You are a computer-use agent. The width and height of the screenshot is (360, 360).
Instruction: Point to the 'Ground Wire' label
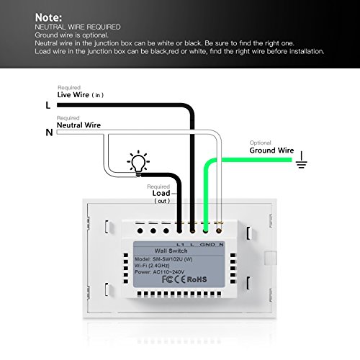pos(273,151)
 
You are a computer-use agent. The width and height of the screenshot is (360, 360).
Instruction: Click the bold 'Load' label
pos(161,193)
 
